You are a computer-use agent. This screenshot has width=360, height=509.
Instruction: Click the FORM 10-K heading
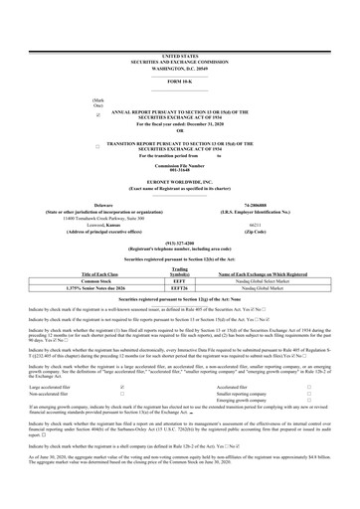[180, 82]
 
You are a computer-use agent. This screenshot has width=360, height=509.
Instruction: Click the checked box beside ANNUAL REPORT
[96, 115]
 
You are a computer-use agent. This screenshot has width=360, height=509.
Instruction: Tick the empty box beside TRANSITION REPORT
[96, 146]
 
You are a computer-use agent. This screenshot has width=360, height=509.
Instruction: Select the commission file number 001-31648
[180, 169]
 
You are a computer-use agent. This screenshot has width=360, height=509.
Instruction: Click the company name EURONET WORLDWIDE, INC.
[180, 184]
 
